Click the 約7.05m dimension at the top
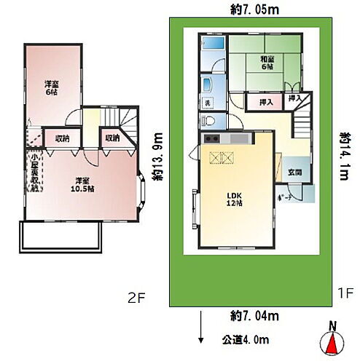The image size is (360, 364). pos(248,9)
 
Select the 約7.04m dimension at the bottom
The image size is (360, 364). pos(248,315)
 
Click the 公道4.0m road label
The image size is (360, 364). pos(245,339)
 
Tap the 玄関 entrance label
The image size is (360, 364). pos(294,173)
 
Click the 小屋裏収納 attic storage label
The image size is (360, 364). pos(34,172)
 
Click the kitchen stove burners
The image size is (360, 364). pos(211,138)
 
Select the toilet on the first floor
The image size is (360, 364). pos(205,122)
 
